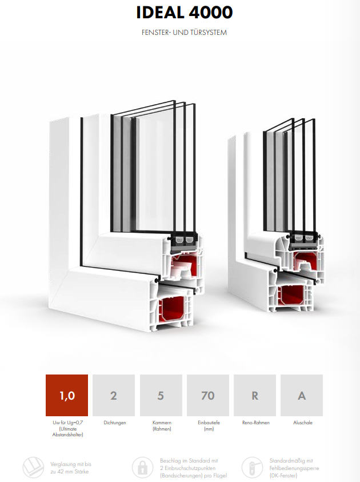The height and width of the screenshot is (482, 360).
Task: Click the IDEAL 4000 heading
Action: [185, 13]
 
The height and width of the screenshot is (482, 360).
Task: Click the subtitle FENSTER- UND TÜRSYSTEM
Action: [184, 32]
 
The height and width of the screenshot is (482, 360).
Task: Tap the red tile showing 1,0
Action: [67, 395]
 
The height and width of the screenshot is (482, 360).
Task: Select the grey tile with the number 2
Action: [114, 395]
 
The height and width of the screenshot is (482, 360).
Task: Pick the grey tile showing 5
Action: [161, 395]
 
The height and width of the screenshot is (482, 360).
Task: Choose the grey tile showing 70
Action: [208, 395]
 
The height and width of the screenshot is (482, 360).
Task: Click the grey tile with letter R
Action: [255, 395]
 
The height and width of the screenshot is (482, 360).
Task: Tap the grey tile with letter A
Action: [302, 395]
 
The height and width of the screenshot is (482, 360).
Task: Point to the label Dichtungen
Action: [115, 423]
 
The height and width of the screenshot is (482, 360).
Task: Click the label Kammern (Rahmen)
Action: [162, 426]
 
